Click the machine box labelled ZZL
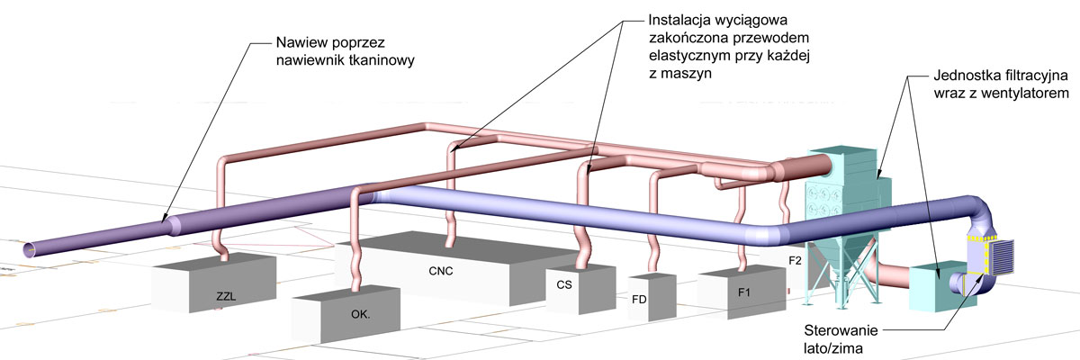tap(214, 283)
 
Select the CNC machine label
tap(441, 271)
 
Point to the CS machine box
tap(580, 288)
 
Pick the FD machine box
tap(652, 297)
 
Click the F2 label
tap(795, 261)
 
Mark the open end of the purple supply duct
tap(30, 249)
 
